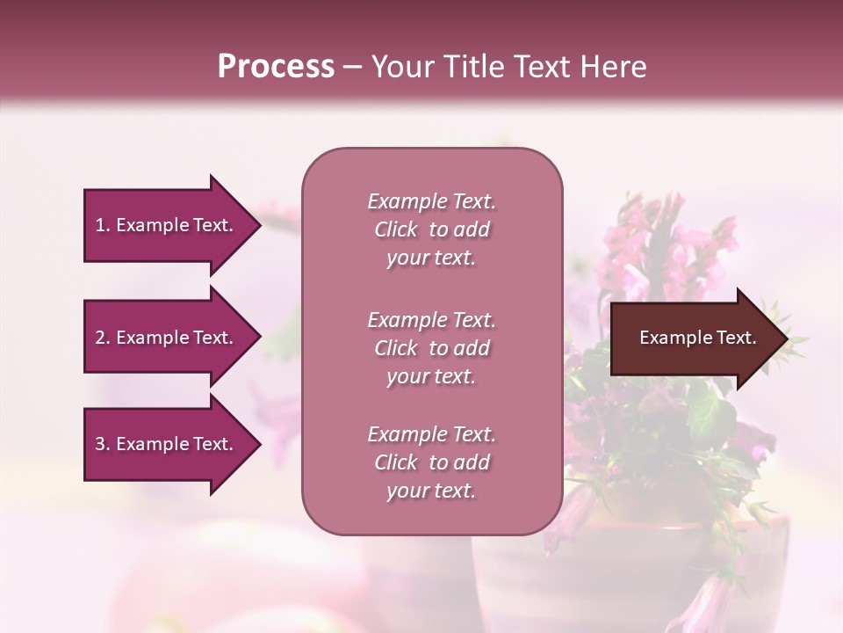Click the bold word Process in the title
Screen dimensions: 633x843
tap(276, 67)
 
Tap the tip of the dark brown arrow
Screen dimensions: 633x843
tap(786, 338)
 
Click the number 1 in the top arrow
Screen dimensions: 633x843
tap(100, 225)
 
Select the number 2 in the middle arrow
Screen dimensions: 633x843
tap(100, 338)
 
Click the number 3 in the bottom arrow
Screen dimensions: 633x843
tap(100, 444)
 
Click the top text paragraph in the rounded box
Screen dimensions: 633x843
tap(431, 229)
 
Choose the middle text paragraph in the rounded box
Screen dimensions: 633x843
tap(431, 348)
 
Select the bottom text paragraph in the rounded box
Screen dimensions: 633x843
tap(431, 462)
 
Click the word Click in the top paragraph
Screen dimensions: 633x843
tap(396, 229)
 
